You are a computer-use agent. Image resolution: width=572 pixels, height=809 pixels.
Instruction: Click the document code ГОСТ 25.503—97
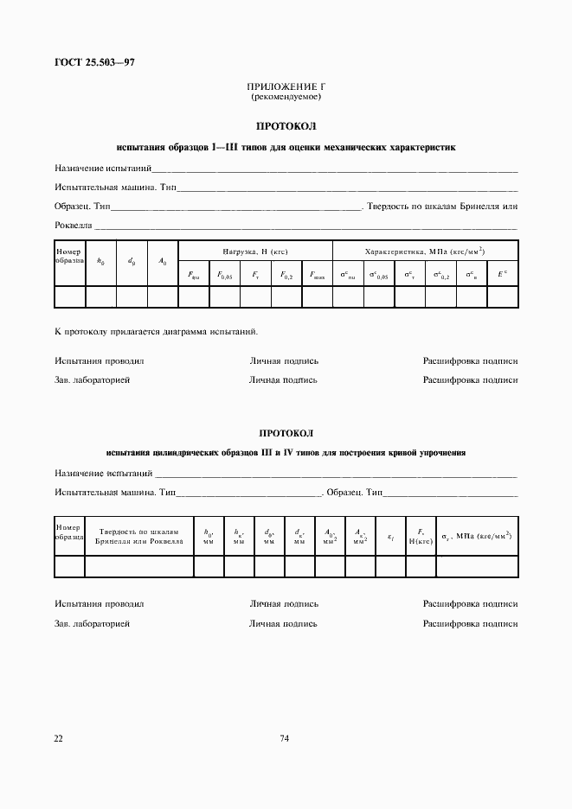pyautogui.click(x=94, y=63)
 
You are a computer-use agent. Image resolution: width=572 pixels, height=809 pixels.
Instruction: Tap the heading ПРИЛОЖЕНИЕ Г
pyautogui.click(x=286, y=88)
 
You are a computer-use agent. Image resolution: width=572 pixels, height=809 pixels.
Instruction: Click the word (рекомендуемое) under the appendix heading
pyautogui.click(x=286, y=97)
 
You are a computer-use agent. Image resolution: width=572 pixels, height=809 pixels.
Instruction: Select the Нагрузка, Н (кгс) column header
pyautogui.click(x=254, y=252)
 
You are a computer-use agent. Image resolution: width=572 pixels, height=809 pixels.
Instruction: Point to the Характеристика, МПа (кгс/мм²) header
pyautogui.click(x=425, y=252)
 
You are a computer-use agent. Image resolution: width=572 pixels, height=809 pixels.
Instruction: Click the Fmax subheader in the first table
pyautogui.click(x=317, y=276)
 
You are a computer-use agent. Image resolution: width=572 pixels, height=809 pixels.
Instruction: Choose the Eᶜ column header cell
pyautogui.click(x=502, y=275)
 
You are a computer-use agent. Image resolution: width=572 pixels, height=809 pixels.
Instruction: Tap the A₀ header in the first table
pyautogui.click(x=162, y=260)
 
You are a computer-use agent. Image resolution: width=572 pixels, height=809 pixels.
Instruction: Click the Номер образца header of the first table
pyautogui.click(x=69, y=256)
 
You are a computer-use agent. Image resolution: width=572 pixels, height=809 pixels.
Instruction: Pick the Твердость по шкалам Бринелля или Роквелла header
pyautogui.click(x=138, y=537)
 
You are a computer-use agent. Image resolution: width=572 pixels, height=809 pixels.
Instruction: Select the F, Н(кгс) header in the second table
pyautogui.click(x=421, y=537)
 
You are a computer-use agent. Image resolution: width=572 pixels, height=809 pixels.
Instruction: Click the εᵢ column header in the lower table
pyautogui.click(x=391, y=538)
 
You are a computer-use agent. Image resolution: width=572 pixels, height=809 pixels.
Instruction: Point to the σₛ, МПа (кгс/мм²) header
pyautogui.click(x=477, y=537)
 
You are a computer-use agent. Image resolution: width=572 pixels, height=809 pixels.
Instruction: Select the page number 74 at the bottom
pyautogui.click(x=285, y=737)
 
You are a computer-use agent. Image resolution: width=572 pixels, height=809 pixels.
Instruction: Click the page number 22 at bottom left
pyautogui.click(x=59, y=737)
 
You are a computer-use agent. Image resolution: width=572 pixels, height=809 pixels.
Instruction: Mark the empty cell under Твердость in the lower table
pyautogui.click(x=138, y=566)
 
